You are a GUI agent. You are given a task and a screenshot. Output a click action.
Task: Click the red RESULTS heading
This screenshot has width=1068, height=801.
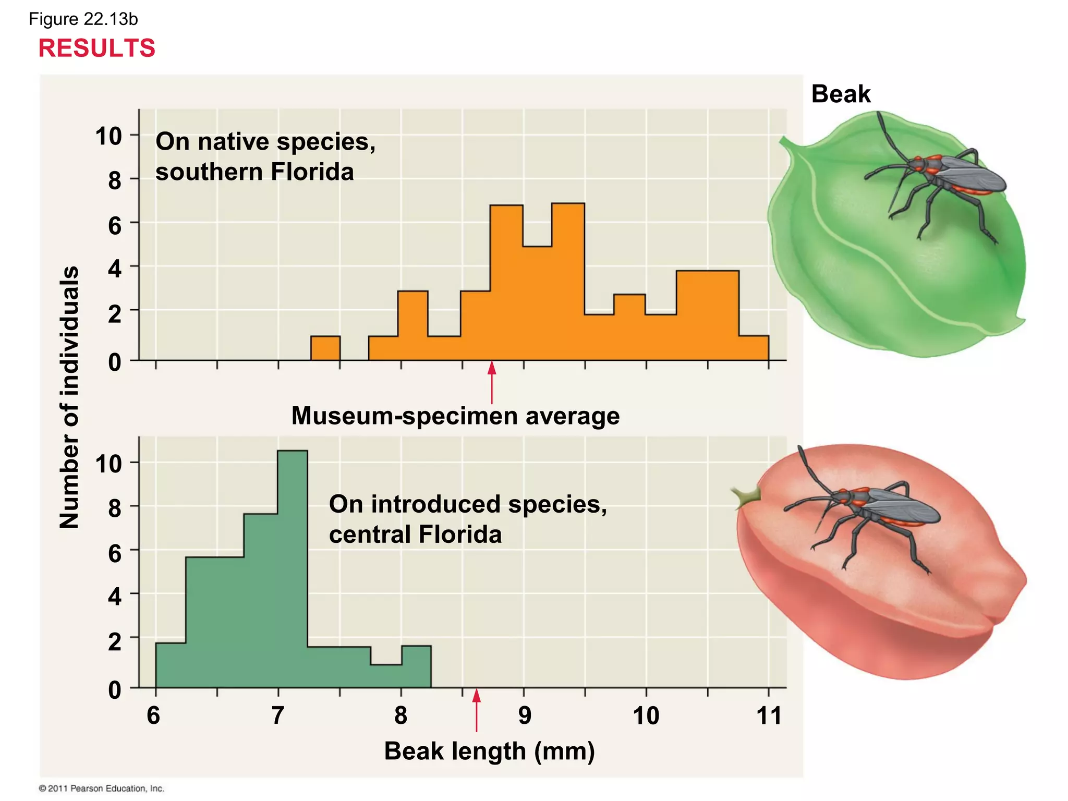point(97,48)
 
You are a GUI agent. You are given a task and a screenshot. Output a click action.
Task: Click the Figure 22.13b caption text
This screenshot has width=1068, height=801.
point(83,19)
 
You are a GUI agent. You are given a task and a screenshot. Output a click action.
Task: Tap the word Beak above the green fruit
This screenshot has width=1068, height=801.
point(841,94)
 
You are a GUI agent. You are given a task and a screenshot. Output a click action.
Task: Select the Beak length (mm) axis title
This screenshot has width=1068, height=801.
point(489,751)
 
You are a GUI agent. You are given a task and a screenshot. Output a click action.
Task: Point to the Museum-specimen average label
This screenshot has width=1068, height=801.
point(455,416)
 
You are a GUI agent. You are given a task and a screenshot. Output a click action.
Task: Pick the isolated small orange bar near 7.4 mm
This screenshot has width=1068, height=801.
point(325,348)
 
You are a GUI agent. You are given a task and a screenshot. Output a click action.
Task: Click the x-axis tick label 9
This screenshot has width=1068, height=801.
point(525,715)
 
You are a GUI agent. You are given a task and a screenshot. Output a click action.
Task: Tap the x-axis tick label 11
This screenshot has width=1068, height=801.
point(769,715)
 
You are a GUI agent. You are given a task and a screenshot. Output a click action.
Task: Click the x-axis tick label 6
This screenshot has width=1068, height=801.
point(153,715)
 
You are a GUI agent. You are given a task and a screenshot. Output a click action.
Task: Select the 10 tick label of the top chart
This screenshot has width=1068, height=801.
point(108,137)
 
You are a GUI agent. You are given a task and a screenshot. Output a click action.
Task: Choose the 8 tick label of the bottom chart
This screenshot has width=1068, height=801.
point(115,508)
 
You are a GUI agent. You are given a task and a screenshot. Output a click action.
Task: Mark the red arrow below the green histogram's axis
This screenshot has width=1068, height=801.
point(476,710)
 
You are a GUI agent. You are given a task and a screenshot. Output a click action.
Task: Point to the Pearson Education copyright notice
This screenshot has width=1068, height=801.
point(102,788)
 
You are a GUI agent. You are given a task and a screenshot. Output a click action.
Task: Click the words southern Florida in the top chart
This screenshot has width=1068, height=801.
point(254,172)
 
